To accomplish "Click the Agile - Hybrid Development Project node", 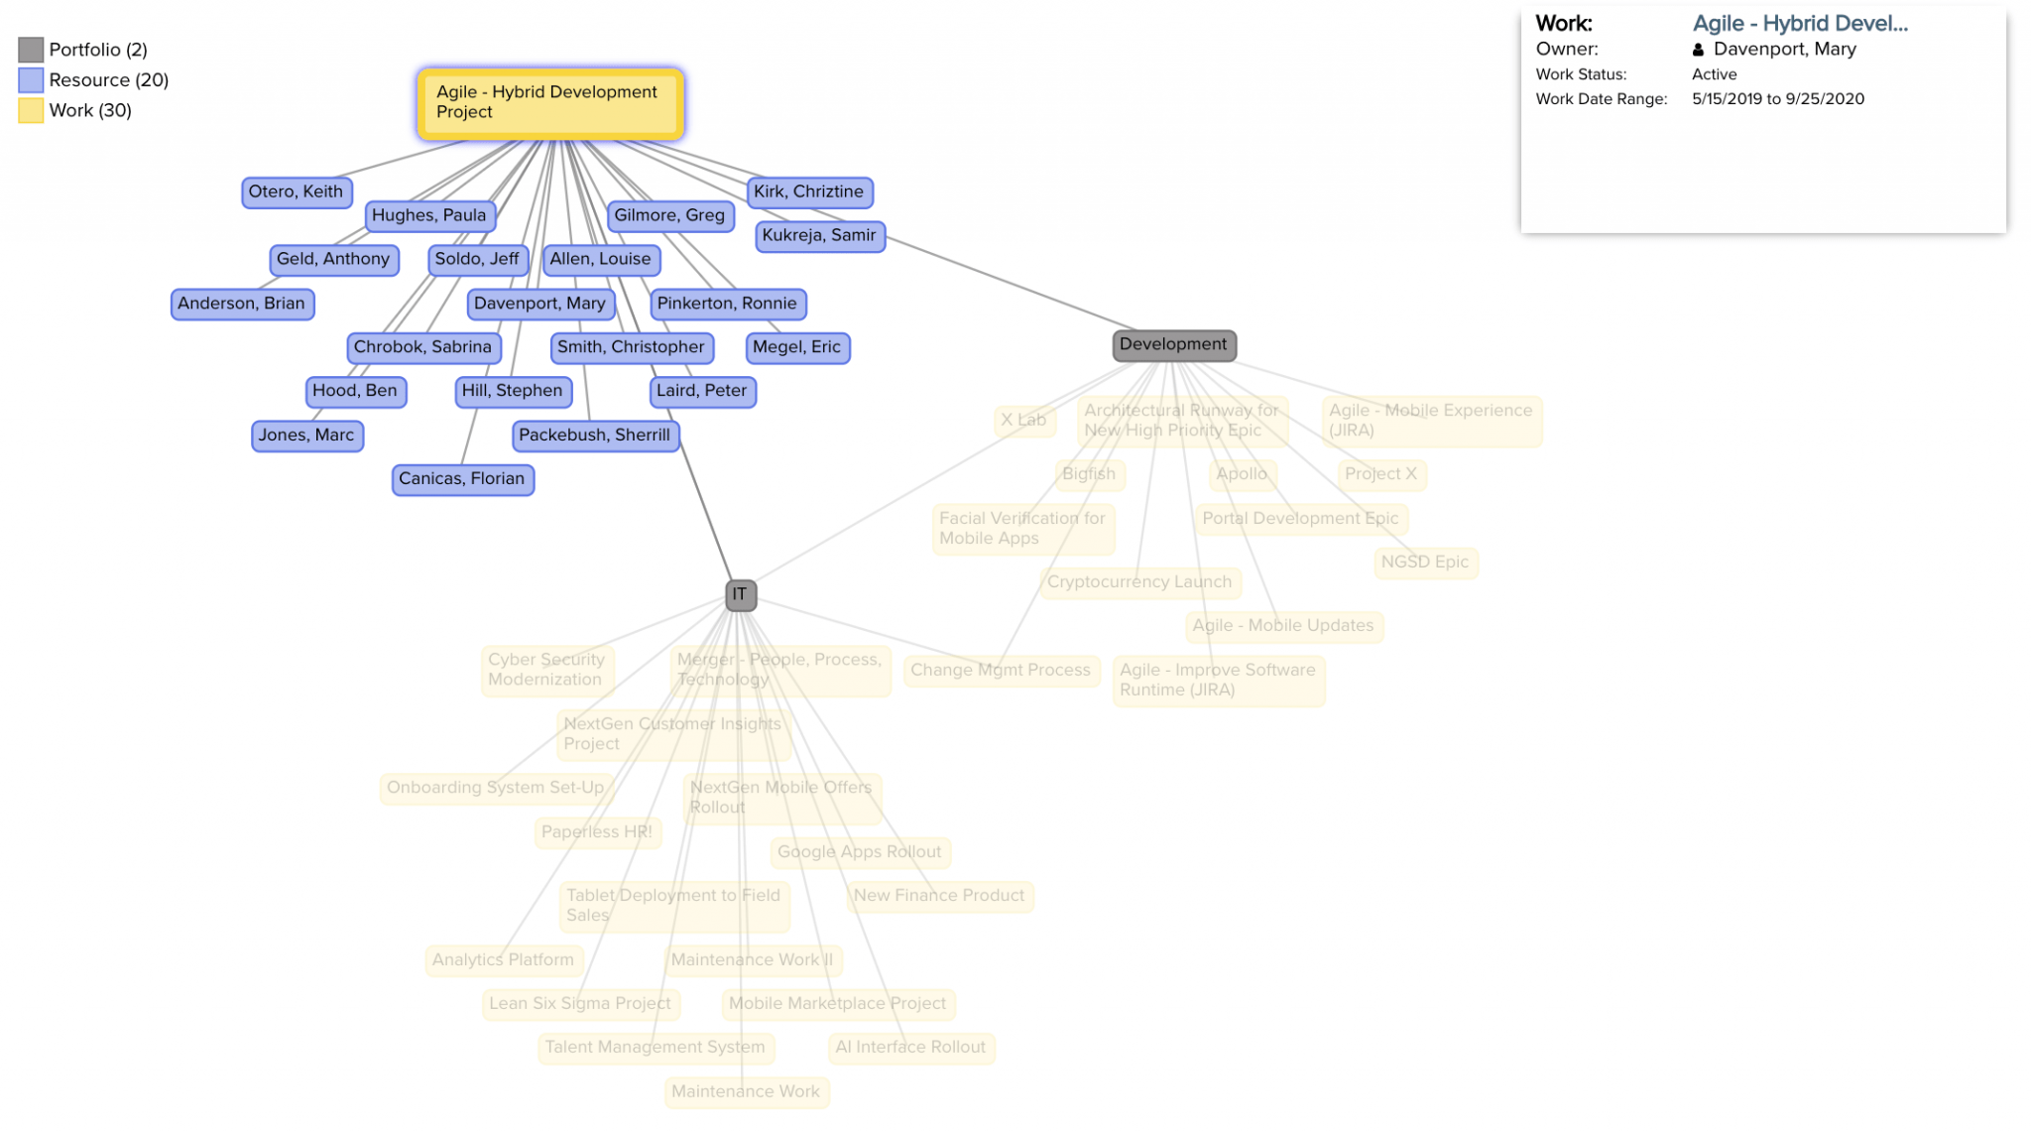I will [550, 103].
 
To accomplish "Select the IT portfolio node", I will [740, 594].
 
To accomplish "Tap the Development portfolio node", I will [1173, 344].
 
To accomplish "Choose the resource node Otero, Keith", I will [296, 191].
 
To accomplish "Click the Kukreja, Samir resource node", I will [819, 235].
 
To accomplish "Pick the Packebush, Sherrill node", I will [594, 435].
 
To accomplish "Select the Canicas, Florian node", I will [462, 478].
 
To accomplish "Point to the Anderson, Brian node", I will [242, 303].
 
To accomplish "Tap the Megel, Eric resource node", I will [796, 346].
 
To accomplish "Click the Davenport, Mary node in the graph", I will [539, 303].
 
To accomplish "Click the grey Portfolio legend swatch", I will [31, 50].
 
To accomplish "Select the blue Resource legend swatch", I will [31, 80].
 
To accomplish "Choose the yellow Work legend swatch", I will [31, 110].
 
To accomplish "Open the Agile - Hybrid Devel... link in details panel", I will [1799, 24].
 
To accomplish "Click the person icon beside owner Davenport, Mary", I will [1698, 50].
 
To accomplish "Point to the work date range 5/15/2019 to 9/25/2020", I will [1777, 99].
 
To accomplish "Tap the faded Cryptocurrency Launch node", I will [1139, 581].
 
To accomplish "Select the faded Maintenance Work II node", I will [752, 959].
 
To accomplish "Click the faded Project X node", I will [1380, 473].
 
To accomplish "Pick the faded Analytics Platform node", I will [503, 959].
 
